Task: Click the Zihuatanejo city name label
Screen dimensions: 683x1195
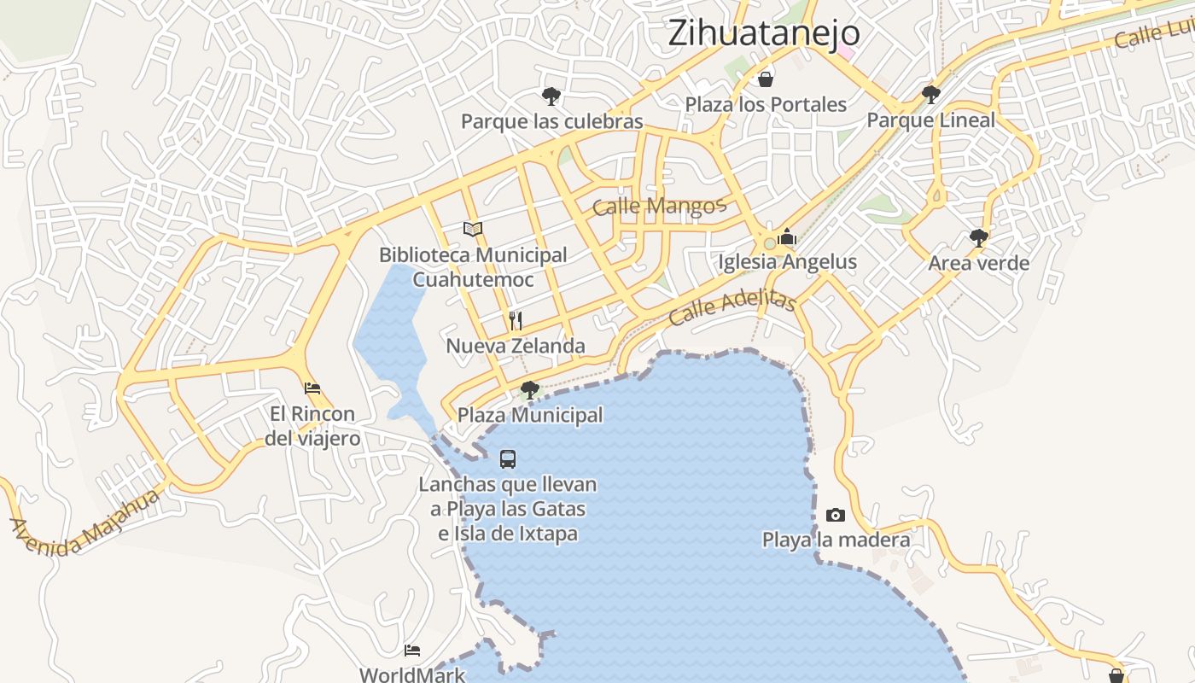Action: [x=763, y=33]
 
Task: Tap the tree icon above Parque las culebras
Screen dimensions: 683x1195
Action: [x=551, y=96]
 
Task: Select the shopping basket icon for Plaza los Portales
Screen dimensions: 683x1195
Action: [x=766, y=79]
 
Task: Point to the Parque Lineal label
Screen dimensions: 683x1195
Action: [x=930, y=120]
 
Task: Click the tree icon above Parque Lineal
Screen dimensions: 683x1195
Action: [x=930, y=94]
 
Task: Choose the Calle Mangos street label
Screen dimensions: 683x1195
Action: [x=658, y=206]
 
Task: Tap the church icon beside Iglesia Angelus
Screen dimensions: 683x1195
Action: [x=786, y=237]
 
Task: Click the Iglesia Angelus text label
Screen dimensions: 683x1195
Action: [x=787, y=261]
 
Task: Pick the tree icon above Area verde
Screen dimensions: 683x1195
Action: [x=978, y=237]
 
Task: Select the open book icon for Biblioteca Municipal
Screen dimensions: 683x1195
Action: [x=473, y=229]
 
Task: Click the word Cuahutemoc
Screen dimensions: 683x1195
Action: [x=473, y=279]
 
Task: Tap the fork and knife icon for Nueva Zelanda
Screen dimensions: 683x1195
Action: [x=515, y=321]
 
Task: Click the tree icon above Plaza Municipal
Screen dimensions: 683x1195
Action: [x=529, y=390]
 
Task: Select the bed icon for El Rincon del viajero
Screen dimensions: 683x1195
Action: [x=312, y=388]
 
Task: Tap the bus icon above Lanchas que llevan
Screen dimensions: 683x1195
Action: [x=508, y=459]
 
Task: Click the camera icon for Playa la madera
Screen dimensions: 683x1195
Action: [x=836, y=515]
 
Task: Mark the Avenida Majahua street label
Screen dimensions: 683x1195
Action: [x=85, y=522]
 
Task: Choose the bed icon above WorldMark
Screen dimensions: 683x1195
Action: [x=412, y=651]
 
